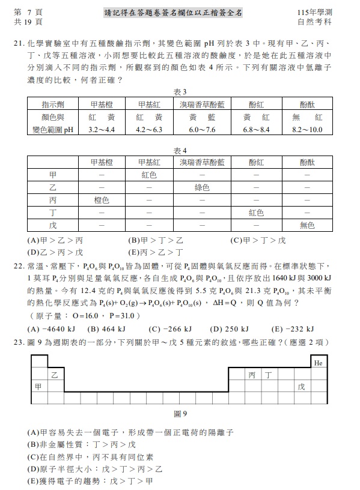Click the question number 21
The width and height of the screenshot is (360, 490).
[17, 44]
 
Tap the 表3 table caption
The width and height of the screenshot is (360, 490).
[180, 92]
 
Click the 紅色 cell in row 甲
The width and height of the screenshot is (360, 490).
[148, 175]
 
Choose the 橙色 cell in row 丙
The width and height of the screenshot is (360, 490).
[101, 200]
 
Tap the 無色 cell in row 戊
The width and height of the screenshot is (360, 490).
[307, 225]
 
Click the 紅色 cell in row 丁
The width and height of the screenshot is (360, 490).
[255, 213]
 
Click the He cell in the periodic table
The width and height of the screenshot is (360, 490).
[318, 363]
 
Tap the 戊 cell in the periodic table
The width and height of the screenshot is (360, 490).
[301, 387]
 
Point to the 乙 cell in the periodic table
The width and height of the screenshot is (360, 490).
[55, 375]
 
